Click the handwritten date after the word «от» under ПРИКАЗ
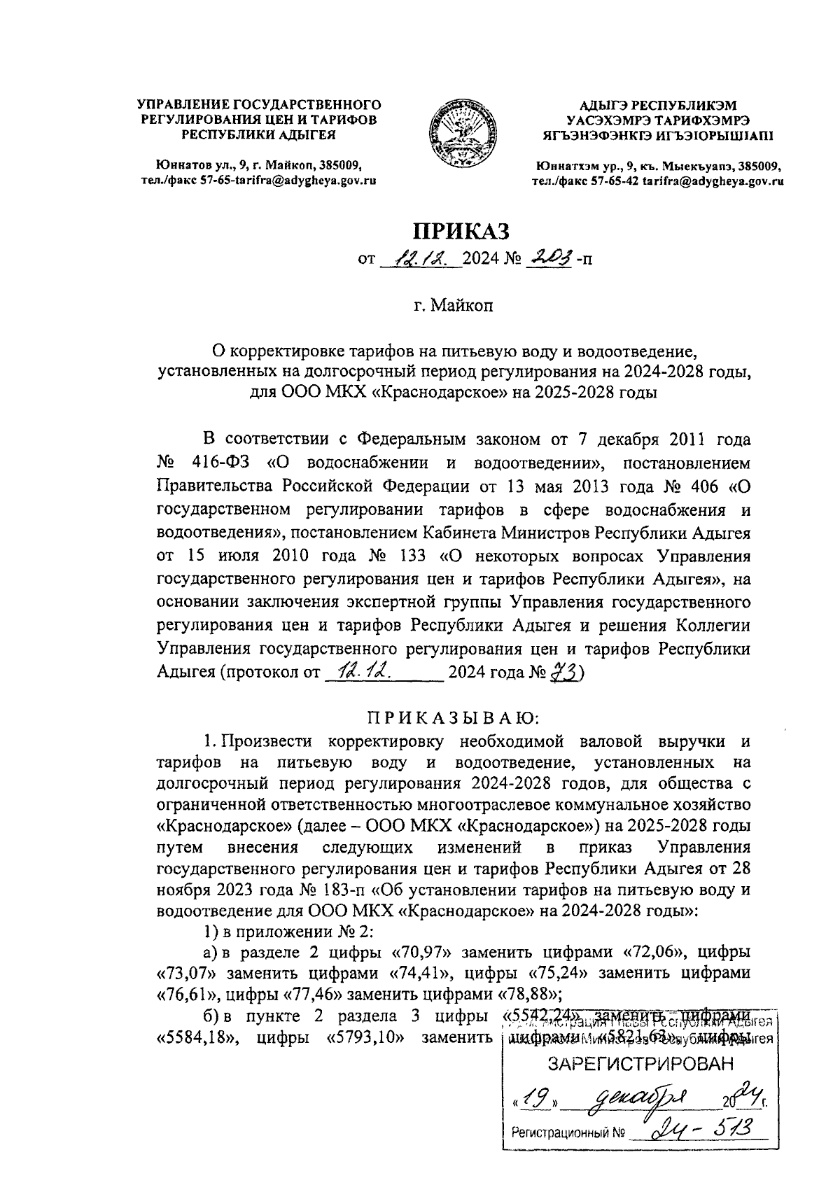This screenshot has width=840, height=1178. [x=419, y=260]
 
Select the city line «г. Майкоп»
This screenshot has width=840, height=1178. [x=453, y=307]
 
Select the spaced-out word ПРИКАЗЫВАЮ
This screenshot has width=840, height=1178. [x=452, y=717]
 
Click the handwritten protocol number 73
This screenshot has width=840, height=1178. [x=561, y=673]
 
